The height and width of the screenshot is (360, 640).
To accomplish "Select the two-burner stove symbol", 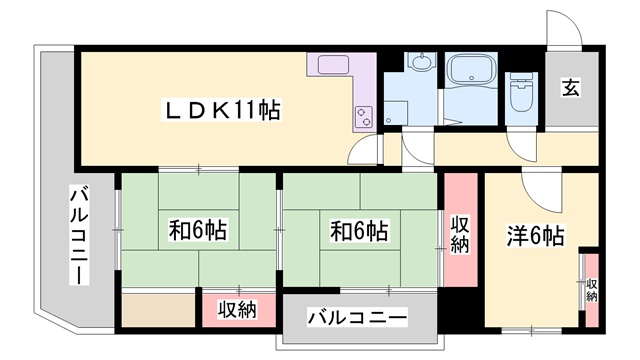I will (363, 115).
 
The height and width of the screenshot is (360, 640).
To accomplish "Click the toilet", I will (520, 92).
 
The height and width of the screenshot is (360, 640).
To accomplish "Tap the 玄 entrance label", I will (569, 88).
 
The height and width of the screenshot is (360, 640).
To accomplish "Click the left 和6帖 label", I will (197, 231).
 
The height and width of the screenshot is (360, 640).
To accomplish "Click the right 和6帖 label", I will (359, 231).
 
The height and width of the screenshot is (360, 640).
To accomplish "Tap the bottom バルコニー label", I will (357, 318).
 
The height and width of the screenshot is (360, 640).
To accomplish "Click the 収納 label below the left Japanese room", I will (237, 310).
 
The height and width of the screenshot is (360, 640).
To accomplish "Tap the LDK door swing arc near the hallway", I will (368, 155).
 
